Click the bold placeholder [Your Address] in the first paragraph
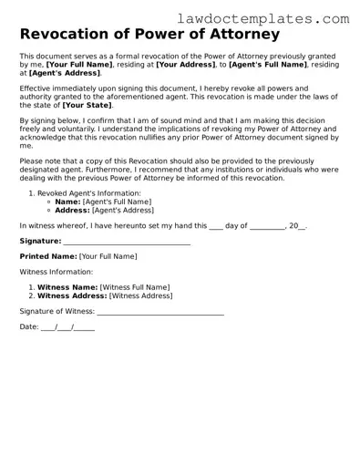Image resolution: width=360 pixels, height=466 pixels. click(186, 65)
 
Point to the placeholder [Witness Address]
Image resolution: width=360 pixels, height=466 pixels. click(140, 295)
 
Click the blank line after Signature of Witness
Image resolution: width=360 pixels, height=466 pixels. click(160, 311)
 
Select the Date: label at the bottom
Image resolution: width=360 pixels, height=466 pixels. click(29, 326)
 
